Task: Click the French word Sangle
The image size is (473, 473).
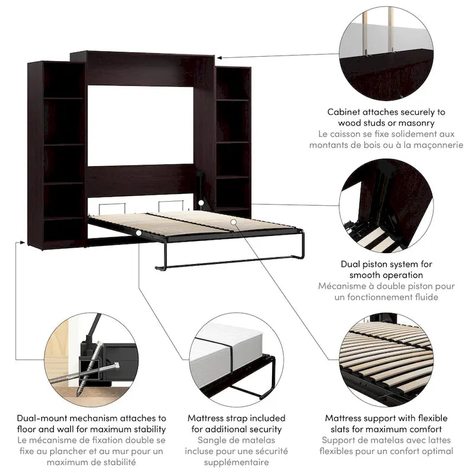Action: coord(214,440)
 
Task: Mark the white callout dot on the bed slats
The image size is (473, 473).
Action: coord(235,221)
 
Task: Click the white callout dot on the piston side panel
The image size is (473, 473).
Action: coord(202,203)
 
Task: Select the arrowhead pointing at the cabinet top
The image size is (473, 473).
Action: coord(219,57)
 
